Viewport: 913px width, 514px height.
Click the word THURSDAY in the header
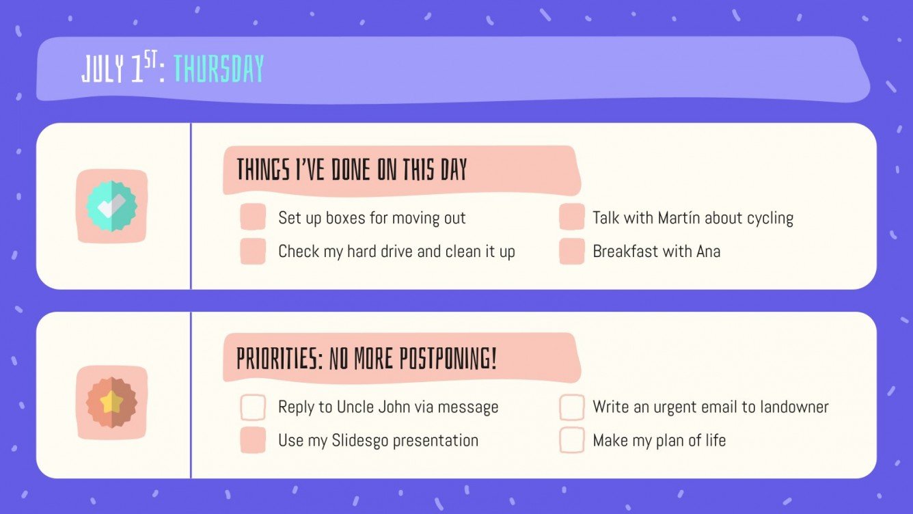tap(219, 69)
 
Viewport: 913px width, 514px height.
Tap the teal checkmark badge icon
tap(111, 206)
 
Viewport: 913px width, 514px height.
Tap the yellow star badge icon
tap(111, 403)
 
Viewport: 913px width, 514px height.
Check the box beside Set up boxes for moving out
tap(253, 217)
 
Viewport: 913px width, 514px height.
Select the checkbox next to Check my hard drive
tap(253, 252)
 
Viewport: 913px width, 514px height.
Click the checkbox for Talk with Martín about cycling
tap(572, 217)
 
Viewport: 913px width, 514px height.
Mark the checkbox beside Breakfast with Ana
tap(572, 252)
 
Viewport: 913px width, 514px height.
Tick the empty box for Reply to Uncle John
tap(253, 407)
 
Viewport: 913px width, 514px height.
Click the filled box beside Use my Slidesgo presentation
tap(253, 440)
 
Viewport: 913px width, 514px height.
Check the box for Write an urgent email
tap(572, 407)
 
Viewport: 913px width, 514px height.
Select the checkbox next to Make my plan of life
tap(572, 440)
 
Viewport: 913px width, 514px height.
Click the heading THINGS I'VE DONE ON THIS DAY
tap(352, 170)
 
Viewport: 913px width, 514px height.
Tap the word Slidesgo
tap(359, 441)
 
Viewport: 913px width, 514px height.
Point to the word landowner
tap(792, 407)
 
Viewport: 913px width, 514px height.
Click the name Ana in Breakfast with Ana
tap(708, 252)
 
